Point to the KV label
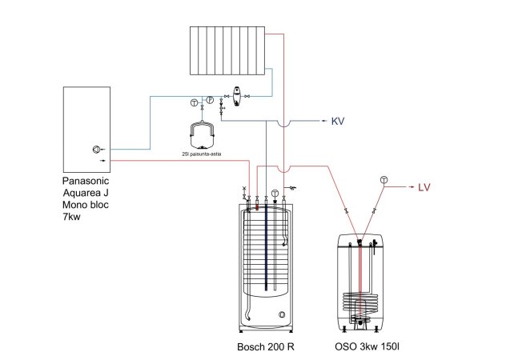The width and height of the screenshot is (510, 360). [x=339, y=122]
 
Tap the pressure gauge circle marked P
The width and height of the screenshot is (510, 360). [x=209, y=99]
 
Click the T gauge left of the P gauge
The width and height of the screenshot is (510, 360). [x=194, y=102]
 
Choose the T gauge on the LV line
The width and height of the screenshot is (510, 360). [x=384, y=179]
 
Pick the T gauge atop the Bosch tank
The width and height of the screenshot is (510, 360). [x=275, y=193]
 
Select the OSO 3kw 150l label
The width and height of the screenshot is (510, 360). [x=367, y=348]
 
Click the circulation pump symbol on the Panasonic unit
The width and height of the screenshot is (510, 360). [x=98, y=149]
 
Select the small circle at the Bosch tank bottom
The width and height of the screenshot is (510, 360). [x=281, y=315]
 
